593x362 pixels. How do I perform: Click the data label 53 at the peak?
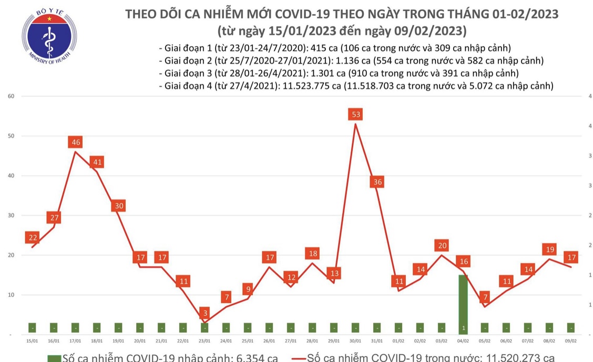pos(356,114)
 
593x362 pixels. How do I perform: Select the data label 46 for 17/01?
pos(76,142)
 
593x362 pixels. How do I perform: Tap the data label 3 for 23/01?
pos(205,313)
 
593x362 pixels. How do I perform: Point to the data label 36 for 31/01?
pos(377,182)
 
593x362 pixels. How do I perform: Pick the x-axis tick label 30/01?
pos(355,341)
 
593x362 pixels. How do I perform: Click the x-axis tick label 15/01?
pos(33,341)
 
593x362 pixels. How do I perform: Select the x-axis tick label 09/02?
pos(571,341)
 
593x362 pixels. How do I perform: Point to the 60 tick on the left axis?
pos(10,96)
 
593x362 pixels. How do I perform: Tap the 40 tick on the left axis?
pos(10,176)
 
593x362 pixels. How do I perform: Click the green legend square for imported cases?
pos(54,358)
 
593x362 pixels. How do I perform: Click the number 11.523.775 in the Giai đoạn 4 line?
pos(308,85)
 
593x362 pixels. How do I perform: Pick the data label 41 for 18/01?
pos(97,162)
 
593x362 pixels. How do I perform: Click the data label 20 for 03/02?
pos(442,245)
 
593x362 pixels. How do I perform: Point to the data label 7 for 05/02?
pos(485,297)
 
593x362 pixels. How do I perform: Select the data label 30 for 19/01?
pos(119,206)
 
